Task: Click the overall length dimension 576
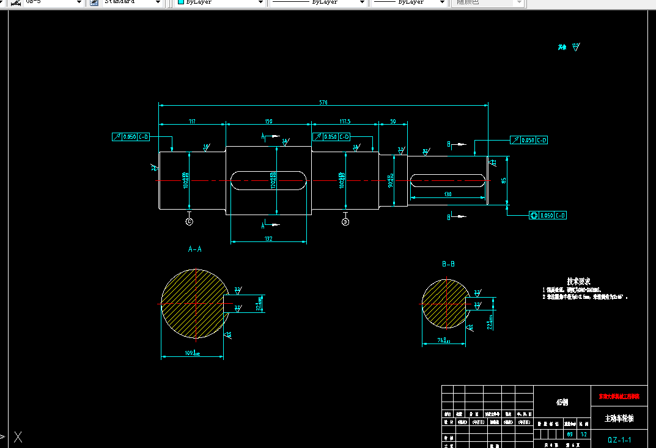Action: [x=323, y=102]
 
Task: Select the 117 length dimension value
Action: [x=192, y=122]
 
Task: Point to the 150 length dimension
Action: [x=268, y=122]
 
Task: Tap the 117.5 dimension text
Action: [x=345, y=122]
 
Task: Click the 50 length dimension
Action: [x=393, y=122]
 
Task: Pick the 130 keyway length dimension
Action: [x=448, y=194]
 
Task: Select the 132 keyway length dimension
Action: [x=268, y=239]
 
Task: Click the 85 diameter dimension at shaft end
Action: [x=503, y=180]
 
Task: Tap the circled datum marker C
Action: [x=189, y=221]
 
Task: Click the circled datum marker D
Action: [x=345, y=222]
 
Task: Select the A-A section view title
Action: [x=194, y=249]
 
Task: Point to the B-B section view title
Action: [x=448, y=264]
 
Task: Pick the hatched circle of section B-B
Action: [x=444, y=304]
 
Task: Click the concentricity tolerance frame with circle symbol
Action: [x=548, y=215]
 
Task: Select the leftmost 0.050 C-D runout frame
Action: [x=131, y=137]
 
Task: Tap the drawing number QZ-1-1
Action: [x=619, y=439]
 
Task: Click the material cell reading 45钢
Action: [x=562, y=402]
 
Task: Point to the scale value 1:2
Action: [x=584, y=434]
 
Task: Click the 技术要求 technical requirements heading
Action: [x=578, y=281]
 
